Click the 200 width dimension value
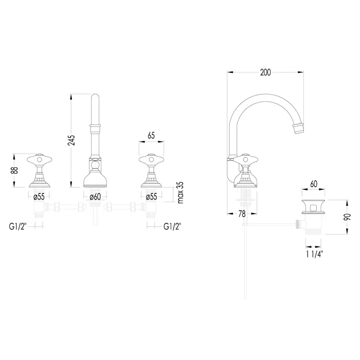[265, 73]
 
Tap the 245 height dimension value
[71, 140]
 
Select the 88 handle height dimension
[15, 170]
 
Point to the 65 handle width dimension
[151, 136]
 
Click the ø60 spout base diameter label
[95, 197]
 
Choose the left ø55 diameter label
[39, 197]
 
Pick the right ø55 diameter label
[151, 197]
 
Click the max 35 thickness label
[181, 192]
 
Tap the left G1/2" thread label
[18, 226]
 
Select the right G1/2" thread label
[172, 226]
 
